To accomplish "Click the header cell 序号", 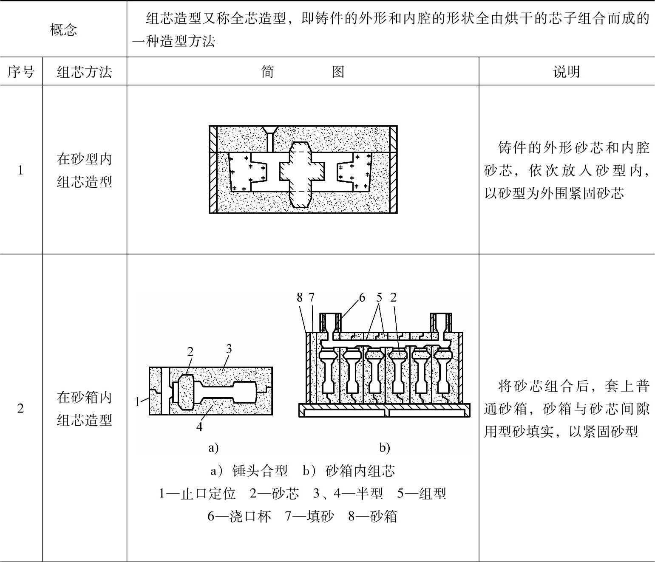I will (x=21, y=72).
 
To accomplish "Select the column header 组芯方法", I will (x=84, y=72).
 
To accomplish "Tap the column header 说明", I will (x=566, y=72).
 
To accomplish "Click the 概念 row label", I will (x=63, y=30).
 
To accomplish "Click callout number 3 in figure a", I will (x=229, y=349).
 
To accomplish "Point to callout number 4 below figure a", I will (x=199, y=427).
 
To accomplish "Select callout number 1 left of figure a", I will (x=137, y=401).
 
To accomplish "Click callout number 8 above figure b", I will (x=300, y=298).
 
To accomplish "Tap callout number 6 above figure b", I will (x=362, y=298).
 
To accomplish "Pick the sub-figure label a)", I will (x=213, y=447).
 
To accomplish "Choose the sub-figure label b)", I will (x=384, y=447).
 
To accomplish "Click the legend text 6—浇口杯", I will (x=239, y=516).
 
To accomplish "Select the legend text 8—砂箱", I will (x=372, y=516).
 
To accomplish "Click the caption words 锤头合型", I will (x=260, y=471).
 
